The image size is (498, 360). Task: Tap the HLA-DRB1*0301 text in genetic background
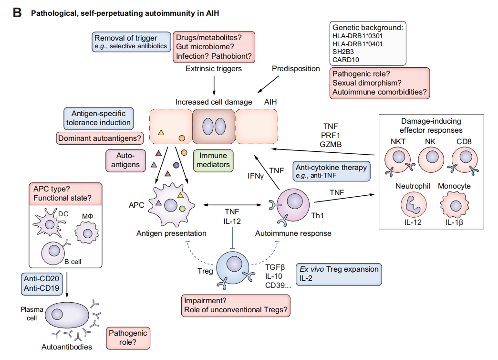click(x=357, y=35)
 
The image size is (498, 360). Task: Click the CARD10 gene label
click(x=346, y=60)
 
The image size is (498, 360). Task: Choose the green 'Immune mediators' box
click(x=214, y=160)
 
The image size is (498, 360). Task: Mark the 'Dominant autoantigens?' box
click(x=98, y=139)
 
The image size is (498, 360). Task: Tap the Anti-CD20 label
click(x=40, y=278)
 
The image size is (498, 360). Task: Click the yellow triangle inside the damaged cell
click(x=161, y=132)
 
